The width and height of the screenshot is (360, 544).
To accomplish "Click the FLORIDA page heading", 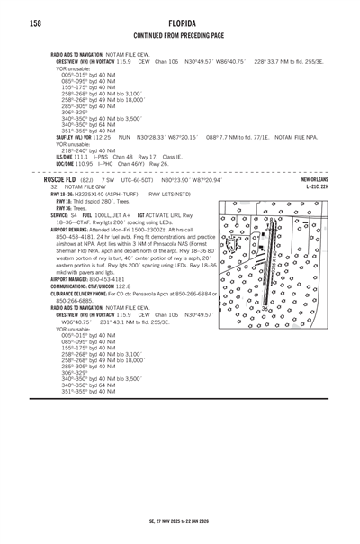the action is click(179, 22).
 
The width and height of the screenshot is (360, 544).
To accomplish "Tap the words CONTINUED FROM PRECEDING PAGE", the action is click(179, 36).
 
